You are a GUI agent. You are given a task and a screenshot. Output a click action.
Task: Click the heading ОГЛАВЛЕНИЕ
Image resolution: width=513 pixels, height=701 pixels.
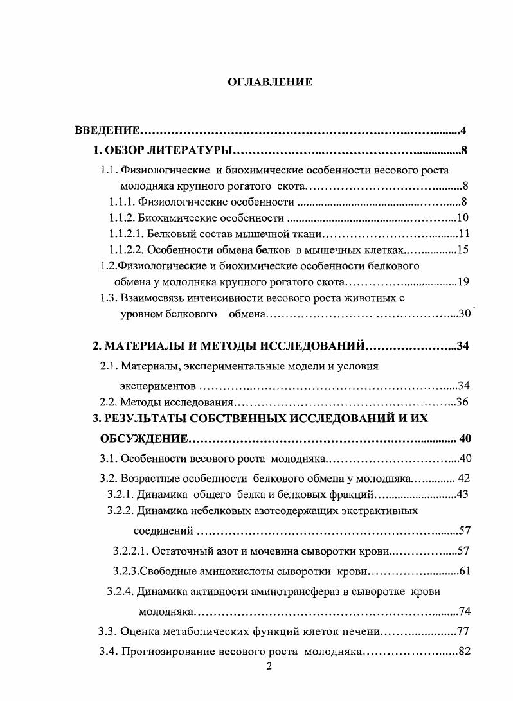click(270, 82)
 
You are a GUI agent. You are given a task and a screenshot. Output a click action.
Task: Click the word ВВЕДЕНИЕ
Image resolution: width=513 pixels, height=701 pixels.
click(107, 132)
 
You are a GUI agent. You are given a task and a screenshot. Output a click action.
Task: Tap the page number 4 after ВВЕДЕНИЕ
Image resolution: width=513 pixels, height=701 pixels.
click(463, 132)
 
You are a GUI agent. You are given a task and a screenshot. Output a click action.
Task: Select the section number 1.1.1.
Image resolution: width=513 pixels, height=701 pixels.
click(122, 203)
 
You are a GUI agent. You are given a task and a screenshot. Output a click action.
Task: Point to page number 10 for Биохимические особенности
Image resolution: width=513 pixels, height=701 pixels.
click(462, 218)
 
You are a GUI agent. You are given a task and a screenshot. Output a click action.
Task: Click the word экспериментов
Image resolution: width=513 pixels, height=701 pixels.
click(157, 386)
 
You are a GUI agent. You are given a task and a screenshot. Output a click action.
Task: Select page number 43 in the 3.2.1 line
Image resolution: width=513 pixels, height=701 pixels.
click(462, 494)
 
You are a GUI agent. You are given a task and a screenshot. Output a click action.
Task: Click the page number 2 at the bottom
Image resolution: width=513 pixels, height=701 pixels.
click(269, 666)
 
